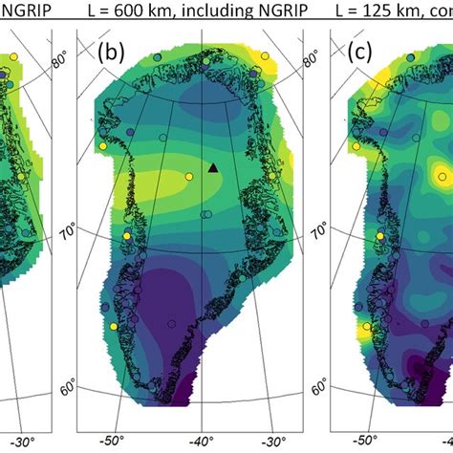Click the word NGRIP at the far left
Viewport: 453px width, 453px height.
click(x=22, y=12)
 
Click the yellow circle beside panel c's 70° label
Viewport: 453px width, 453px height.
click(x=381, y=235)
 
